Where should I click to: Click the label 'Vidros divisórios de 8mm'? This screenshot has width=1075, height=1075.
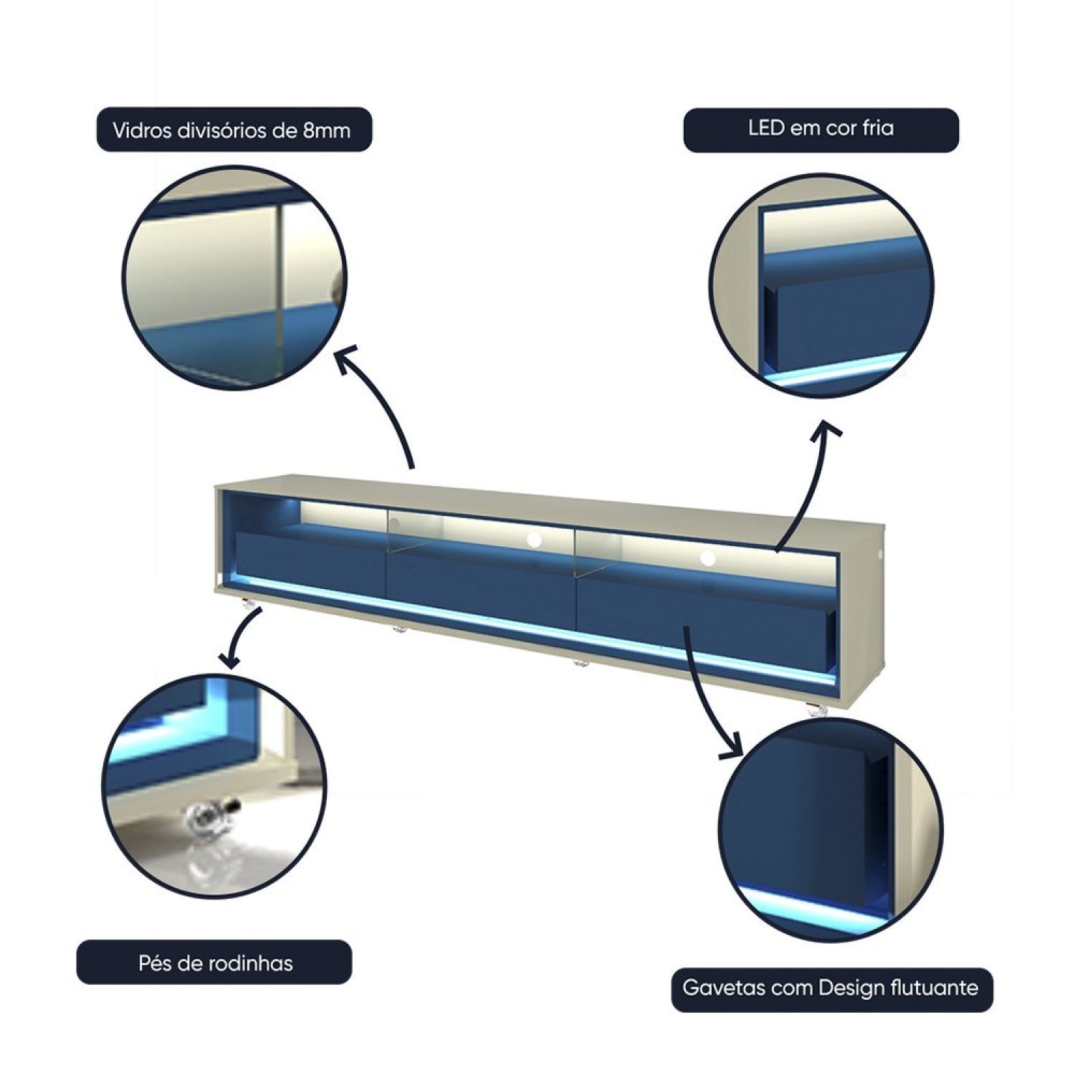point(234,130)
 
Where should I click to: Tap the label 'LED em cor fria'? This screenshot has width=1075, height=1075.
point(821,130)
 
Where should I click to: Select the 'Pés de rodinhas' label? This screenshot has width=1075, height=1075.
point(215,962)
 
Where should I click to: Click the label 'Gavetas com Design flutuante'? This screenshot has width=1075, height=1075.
point(831,989)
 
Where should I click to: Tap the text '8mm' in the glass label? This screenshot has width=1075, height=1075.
point(327,130)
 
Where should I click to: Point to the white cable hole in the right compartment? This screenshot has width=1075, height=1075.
point(708,558)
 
